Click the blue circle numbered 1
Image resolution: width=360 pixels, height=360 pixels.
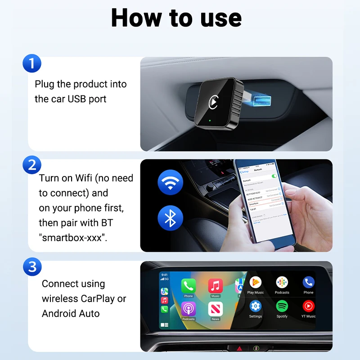[x=31, y=63]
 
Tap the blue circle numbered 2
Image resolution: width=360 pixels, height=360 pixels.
[x=31, y=165]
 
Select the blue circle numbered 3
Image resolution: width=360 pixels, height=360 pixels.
[x=31, y=267]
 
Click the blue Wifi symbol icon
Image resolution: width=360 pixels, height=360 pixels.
[x=171, y=182]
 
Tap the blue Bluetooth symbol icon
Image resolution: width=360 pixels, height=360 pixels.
[x=171, y=218]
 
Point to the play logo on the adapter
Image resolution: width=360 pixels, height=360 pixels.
[x=214, y=102]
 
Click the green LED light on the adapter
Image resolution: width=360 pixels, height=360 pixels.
[x=210, y=121]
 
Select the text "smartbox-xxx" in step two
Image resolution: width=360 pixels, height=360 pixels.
[x=73, y=238]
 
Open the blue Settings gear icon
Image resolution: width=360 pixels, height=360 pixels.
[x=256, y=306]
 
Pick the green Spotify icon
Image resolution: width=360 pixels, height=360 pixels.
[x=282, y=306]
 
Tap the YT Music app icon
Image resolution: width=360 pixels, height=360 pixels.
[x=308, y=306]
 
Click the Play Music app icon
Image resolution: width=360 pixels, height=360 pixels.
[x=256, y=283]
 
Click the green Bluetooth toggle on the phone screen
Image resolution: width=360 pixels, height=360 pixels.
[x=274, y=176]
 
